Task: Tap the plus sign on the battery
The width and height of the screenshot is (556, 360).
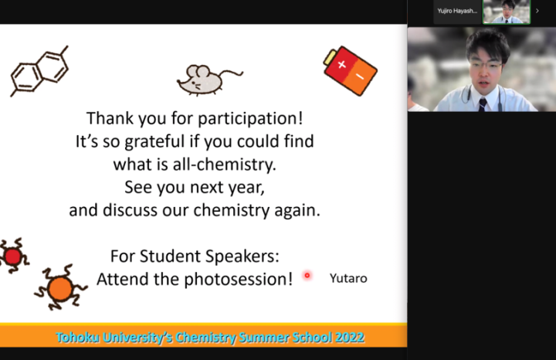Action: point(341,65)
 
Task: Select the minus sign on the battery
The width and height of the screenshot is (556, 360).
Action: point(360,76)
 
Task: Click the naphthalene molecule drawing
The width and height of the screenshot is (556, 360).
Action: point(39,71)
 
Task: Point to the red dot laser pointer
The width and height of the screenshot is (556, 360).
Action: point(307,275)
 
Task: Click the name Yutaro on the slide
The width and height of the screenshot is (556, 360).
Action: point(348,278)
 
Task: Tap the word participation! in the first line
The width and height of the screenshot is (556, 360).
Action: point(250,118)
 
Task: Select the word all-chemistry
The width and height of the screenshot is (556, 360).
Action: point(225,165)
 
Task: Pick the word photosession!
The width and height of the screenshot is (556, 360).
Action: point(239,279)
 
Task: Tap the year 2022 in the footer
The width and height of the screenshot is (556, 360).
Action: point(349,338)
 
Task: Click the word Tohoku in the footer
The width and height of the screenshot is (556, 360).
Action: point(77,338)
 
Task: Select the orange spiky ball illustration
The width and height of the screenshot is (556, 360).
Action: point(60,288)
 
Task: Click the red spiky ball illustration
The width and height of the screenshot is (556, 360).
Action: point(13,256)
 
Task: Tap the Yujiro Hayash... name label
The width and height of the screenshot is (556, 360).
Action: point(457,11)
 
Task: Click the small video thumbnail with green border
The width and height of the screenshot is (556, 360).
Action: point(507,12)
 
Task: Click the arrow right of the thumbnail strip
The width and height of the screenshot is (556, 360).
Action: point(537,11)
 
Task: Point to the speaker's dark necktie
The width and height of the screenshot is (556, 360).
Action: point(483,105)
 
